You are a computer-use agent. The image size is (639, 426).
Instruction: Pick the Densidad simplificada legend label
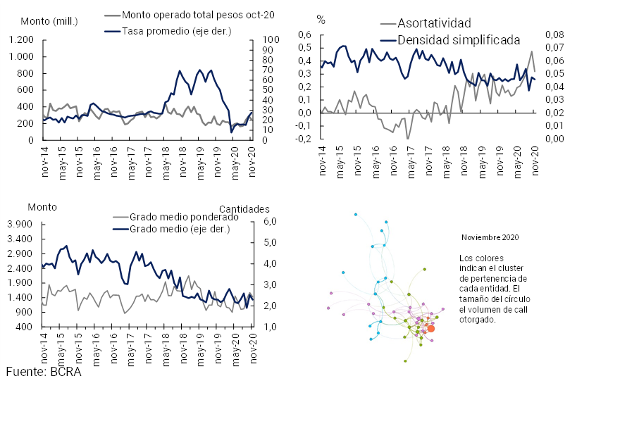(458, 39)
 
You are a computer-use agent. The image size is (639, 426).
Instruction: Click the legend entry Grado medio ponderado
(175, 218)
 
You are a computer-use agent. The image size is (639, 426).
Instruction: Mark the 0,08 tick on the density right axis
(554, 35)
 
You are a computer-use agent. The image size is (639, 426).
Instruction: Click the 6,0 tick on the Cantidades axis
(271, 222)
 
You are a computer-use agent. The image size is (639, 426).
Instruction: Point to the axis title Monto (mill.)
(49, 20)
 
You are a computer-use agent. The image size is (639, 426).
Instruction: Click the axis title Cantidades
(244, 209)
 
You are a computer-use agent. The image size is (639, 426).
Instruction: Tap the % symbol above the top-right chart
(321, 20)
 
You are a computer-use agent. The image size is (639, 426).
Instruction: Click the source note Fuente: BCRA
(44, 371)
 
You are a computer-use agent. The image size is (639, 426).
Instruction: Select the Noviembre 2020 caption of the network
(490, 238)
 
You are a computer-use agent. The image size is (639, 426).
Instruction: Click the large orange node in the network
(431, 328)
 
